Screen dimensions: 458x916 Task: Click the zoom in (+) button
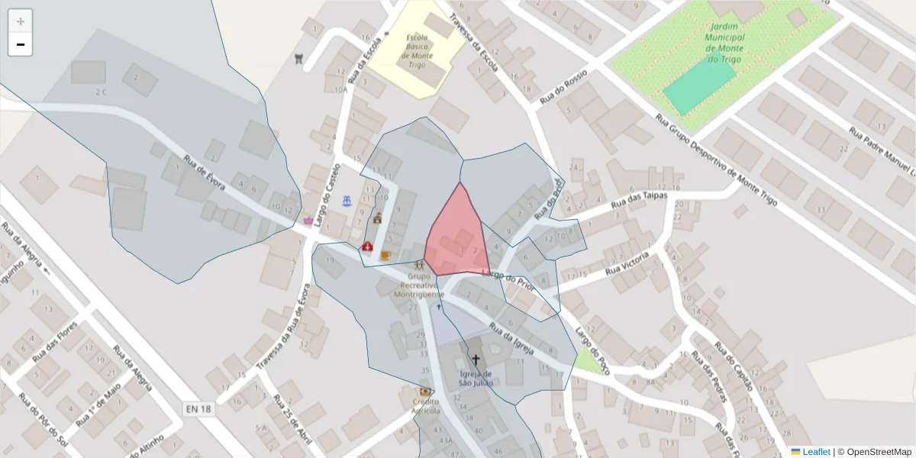coord(21,21)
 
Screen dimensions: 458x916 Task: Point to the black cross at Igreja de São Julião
coord(476,360)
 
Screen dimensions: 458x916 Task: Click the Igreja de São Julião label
coord(477,379)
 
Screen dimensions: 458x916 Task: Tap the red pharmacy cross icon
coord(368,247)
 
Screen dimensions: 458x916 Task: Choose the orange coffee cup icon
coord(385,255)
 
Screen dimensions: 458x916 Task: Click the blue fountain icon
coord(347,201)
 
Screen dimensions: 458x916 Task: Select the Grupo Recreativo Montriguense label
coord(419,285)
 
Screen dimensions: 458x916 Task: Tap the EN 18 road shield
coord(198,409)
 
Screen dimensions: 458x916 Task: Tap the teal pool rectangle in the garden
coord(698,85)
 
